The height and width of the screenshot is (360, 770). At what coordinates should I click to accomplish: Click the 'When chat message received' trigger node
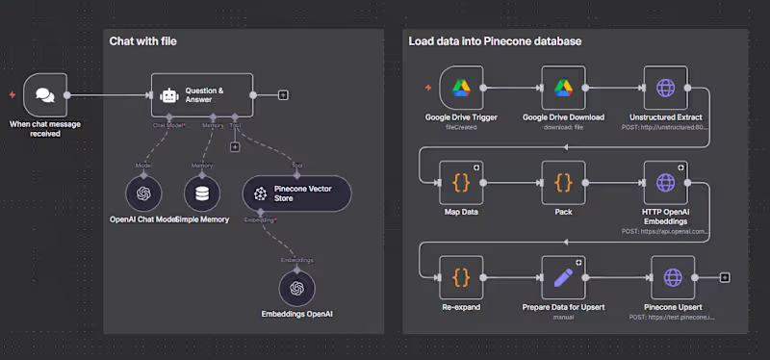(x=44, y=94)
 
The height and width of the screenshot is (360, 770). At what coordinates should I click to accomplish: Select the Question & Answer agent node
(x=202, y=94)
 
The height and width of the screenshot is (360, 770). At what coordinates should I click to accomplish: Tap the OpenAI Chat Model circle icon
(x=143, y=193)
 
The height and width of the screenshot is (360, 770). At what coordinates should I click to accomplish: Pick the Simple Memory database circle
(x=202, y=193)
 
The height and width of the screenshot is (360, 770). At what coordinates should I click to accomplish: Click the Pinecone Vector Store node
(x=296, y=193)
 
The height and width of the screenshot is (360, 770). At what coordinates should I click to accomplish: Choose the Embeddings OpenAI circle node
(x=296, y=287)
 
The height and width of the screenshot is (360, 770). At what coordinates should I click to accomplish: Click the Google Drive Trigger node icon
(x=460, y=89)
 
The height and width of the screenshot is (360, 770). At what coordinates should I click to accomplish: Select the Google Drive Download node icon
(x=563, y=89)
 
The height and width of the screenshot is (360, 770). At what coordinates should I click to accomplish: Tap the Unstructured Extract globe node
(x=666, y=89)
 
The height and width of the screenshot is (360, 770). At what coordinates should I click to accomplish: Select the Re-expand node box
(x=460, y=277)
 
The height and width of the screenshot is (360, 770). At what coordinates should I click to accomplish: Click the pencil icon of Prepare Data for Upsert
(x=563, y=277)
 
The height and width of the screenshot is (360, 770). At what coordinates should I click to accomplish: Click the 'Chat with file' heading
(x=142, y=41)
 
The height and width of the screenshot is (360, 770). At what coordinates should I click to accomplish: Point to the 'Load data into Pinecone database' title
(x=494, y=41)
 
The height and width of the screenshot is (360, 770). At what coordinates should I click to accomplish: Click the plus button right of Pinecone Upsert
(x=724, y=278)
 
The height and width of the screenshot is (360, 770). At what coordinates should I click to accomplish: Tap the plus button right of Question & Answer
(x=282, y=94)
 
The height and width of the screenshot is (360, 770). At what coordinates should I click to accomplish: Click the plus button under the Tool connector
(x=234, y=147)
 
